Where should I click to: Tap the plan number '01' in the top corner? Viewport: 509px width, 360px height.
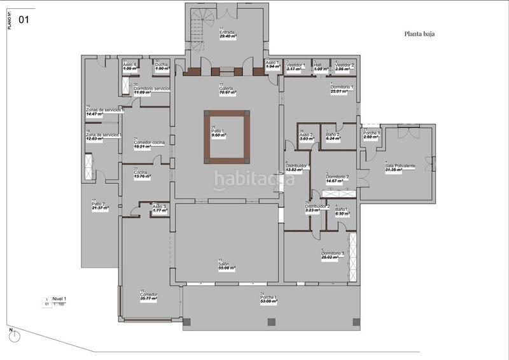(x=24, y=20)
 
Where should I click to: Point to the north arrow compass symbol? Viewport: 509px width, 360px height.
(x=16, y=336)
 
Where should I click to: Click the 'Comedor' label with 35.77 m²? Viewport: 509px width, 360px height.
(x=148, y=294)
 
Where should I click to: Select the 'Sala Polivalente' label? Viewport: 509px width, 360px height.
(x=400, y=166)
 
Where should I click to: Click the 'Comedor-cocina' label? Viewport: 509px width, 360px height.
(x=149, y=142)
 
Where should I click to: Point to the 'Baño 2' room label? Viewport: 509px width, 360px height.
(x=332, y=134)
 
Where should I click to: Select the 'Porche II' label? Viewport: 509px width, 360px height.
(x=372, y=133)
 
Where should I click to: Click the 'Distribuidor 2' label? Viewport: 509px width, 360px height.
(x=317, y=207)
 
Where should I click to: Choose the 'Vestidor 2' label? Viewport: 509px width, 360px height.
(x=344, y=66)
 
